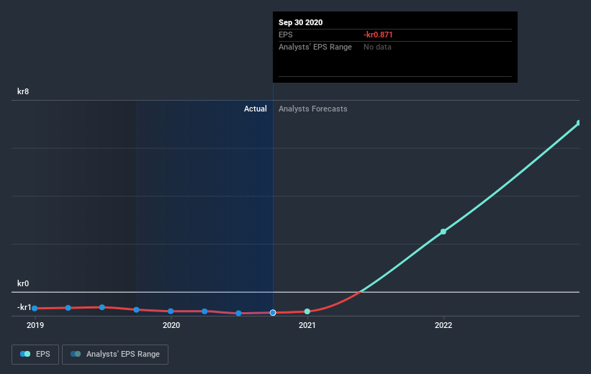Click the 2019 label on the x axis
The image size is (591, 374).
pyautogui.click(x=35, y=325)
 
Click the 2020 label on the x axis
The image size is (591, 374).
pyautogui.click(x=171, y=325)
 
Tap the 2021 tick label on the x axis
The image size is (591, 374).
pyautogui.click(x=307, y=325)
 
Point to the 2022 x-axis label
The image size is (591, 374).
pyautogui.click(x=443, y=325)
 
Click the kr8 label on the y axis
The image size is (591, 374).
pyautogui.click(x=24, y=92)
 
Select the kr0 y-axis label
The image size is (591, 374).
pyautogui.click(x=24, y=284)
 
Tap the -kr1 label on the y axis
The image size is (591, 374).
pyautogui.click(x=25, y=307)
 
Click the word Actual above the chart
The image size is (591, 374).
pyautogui.click(x=255, y=109)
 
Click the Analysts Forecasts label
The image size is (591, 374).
pyautogui.click(x=313, y=109)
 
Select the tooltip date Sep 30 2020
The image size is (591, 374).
pyautogui.click(x=301, y=22)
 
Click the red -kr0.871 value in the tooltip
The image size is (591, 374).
pyautogui.click(x=378, y=35)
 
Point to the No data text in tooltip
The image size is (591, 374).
pyautogui.click(x=378, y=47)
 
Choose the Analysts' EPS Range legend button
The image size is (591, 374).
pyautogui.click(x=115, y=354)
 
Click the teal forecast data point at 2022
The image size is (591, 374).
pyautogui.click(x=443, y=231)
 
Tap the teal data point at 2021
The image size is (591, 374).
pyautogui.click(x=307, y=311)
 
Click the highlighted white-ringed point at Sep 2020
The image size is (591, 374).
pyautogui.click(x=273, y=313)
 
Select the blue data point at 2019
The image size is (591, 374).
pyautogui.click(x=35, y=308)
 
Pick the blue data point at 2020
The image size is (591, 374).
pyautogui.click(x=171, y=311)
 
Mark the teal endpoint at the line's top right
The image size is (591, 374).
pyautogui.click(x=579, y=123)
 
